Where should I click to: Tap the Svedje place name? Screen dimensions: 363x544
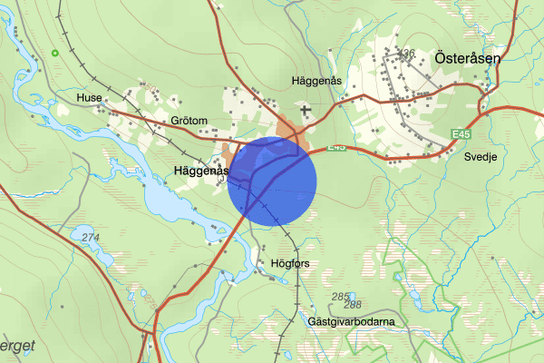(x=481, y=156)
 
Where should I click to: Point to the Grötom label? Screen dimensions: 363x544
(x=189, y=121)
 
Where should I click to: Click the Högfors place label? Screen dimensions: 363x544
(x=290, y=264)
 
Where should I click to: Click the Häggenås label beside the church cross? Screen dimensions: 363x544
(x=317, y=81)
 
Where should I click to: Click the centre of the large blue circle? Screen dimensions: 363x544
(x=271, y=181)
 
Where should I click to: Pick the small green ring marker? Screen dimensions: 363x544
(x=56, y=54)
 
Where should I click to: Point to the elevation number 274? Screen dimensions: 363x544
(x=91, y=238)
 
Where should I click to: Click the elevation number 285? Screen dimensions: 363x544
(x=340, y=297)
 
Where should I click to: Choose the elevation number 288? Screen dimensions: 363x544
(x=353, y=305)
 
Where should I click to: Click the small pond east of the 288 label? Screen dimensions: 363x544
(x=408, y=297)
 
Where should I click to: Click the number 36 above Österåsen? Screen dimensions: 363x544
(x=408, y=53)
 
